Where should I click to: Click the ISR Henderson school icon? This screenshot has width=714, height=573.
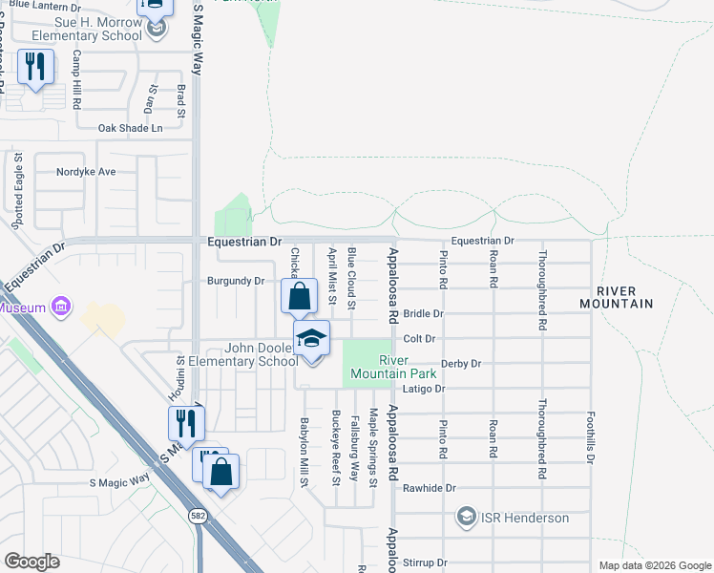467,518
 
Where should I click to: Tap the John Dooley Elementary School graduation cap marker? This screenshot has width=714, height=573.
311,340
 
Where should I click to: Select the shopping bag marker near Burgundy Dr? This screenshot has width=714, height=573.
299,297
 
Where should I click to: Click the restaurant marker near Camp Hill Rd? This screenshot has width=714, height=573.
36,68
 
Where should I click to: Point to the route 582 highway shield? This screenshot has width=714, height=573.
198,516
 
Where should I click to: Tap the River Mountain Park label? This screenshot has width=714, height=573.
408,367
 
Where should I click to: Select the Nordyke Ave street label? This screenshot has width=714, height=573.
86,172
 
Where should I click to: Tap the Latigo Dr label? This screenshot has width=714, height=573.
427,389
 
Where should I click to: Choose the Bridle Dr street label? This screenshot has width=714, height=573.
424,313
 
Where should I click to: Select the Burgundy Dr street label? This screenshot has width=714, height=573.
235,282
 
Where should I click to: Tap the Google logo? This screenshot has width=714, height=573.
32,561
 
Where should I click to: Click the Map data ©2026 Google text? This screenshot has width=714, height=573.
654,565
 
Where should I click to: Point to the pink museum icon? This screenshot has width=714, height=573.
62,308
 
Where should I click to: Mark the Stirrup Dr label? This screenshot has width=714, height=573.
425,564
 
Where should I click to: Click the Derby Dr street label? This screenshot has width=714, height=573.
461,364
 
